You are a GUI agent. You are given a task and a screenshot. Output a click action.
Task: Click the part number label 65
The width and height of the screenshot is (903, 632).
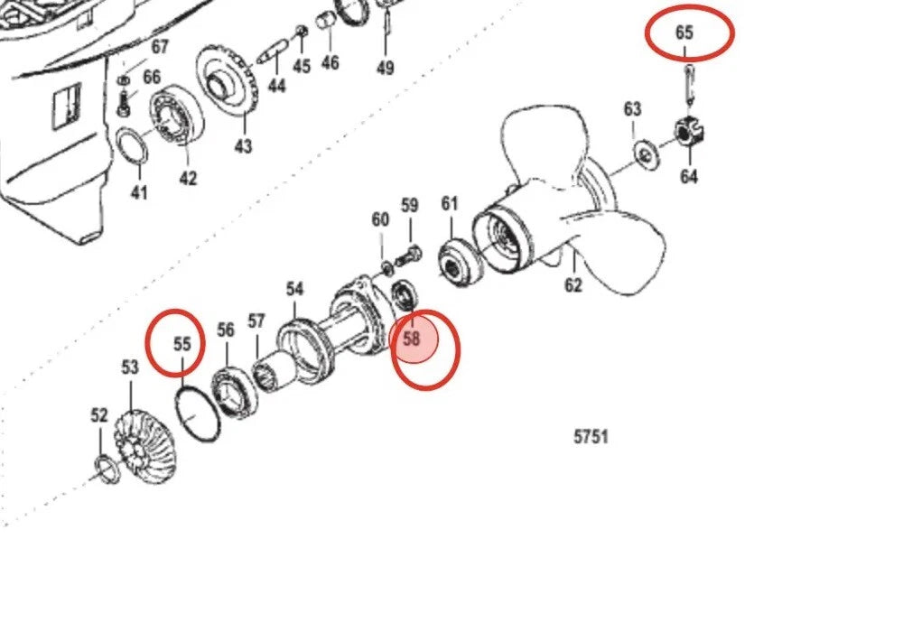coord(684,33)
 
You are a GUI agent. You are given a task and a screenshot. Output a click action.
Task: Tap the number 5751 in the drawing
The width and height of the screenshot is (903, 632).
coord(591,437)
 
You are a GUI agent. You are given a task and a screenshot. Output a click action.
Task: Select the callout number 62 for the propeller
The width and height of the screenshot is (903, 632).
coord(573,284)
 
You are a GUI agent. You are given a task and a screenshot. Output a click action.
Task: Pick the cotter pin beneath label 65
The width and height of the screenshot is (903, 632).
coord(689,85)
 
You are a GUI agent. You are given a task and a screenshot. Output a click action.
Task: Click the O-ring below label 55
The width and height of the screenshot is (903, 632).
coord(197,414)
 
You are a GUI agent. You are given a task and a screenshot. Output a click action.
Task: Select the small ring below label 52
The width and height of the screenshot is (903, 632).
coord(106,469)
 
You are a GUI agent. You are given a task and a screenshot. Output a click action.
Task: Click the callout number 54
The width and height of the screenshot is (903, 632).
coord(294,289)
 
